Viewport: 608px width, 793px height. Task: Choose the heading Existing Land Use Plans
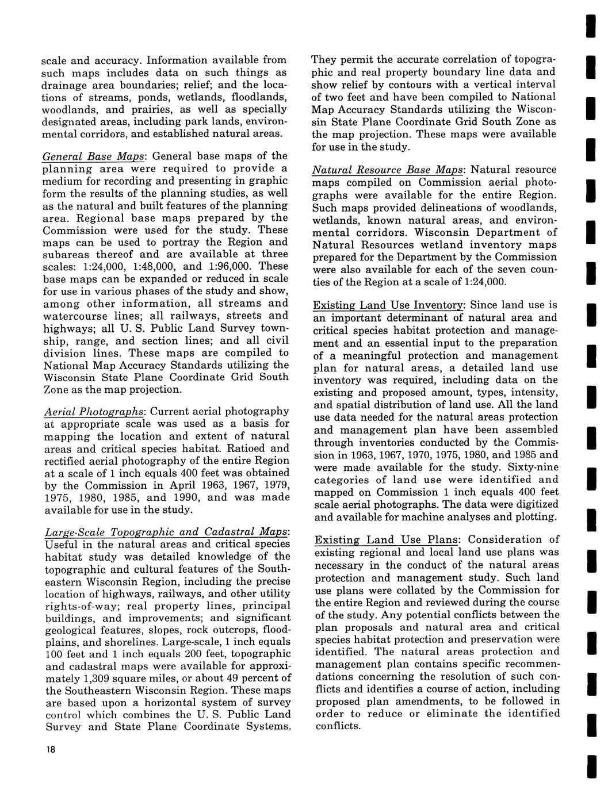coord(387,539)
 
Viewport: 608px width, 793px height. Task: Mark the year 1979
coord(271,485)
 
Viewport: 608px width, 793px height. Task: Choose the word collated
coord(419,590)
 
